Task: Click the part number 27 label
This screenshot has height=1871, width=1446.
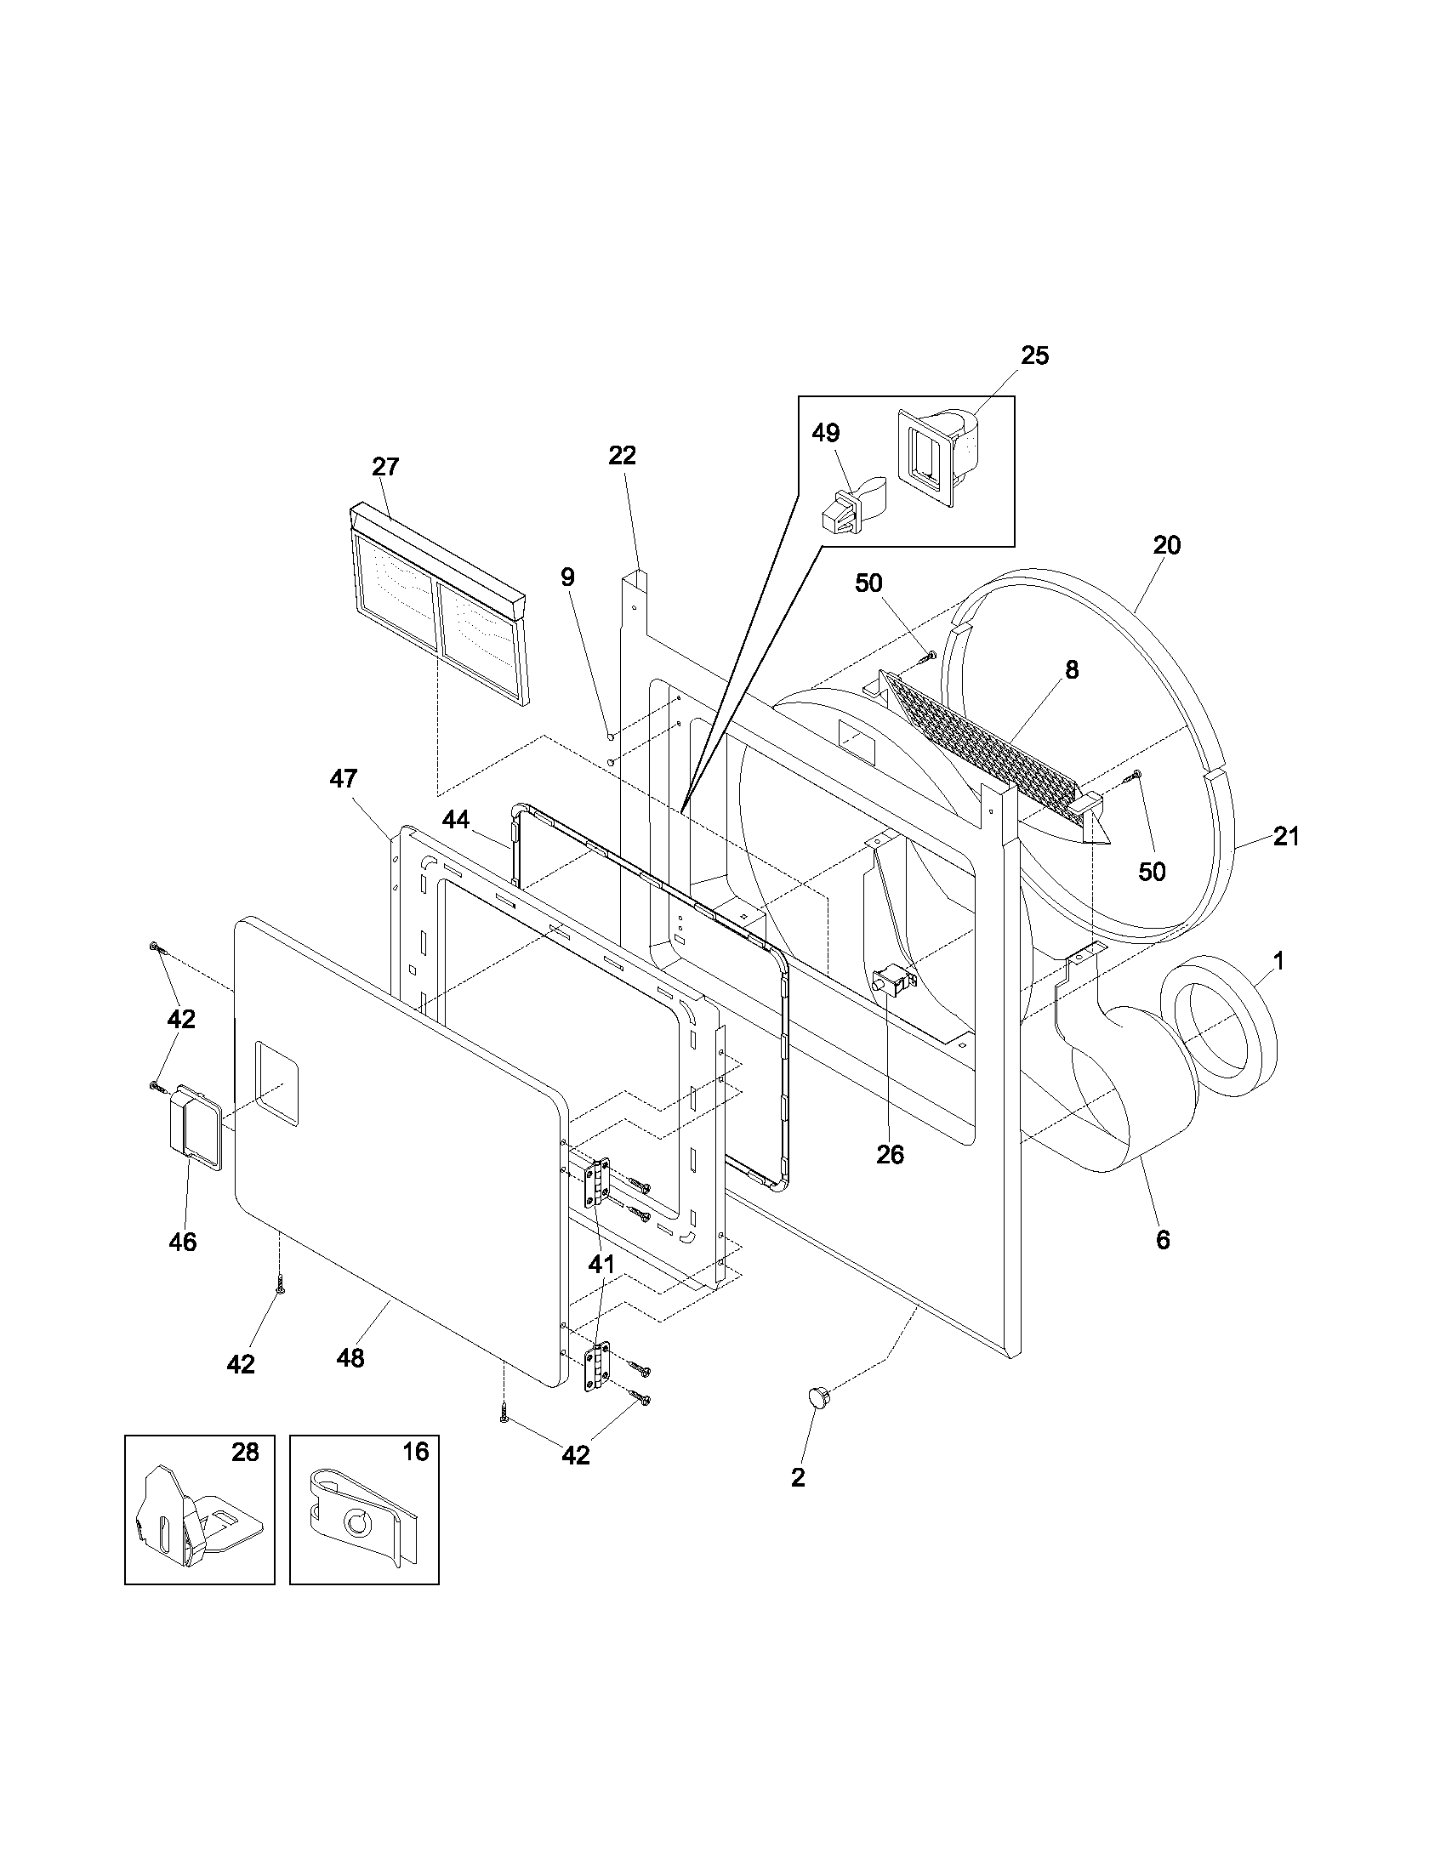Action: [385, 467]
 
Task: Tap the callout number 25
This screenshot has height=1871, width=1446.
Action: [1035, 355]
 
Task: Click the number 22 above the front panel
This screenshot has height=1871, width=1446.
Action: [623, 456]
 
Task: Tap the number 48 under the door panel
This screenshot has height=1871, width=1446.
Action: [351, 1358]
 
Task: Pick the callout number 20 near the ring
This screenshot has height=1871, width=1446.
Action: [1167, 545]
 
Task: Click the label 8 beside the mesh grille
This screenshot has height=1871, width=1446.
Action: [1072, 670]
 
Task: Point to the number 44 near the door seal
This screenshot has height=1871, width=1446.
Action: [456, 820]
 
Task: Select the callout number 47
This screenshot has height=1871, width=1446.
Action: [344, 779]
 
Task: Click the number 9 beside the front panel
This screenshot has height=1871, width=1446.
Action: [568, 577]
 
